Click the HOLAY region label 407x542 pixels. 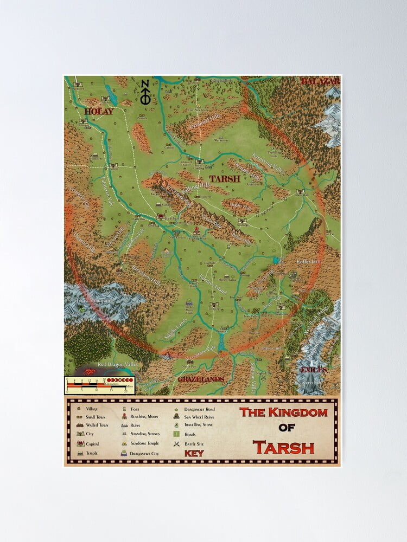click(x=99, y=112)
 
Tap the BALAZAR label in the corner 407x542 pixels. click(x=320, y=81)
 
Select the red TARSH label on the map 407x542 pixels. click(x=225, y=178)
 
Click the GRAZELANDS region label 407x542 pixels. click(x=201, y=379)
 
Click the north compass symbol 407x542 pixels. click(x=145, y=92)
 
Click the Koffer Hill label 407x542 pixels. click(x=309, y=261)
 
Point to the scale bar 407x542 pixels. click(x=99, y=384)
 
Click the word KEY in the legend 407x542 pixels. click(x=194, y=453)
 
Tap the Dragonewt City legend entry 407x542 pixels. click(x=144, y=452)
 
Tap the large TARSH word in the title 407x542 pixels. click(x=283, y=448)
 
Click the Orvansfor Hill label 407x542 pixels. click(x=188, y=122)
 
